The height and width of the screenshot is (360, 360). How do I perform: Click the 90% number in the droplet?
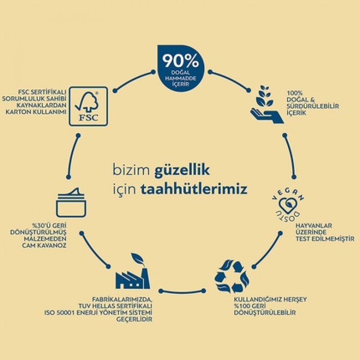(x=181, y=61)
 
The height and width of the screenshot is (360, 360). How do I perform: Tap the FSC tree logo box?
(x=88, y=106)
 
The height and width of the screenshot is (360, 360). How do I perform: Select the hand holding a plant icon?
(x=267, y=104)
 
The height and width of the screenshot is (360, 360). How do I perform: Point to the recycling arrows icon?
(x=232, y=276)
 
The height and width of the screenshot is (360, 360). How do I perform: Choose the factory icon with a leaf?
(x=133, y=271)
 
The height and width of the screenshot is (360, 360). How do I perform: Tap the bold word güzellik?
(x=182, y=171)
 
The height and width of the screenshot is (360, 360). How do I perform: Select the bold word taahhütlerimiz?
(x=194, y=189)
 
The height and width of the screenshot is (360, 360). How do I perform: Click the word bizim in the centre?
(x=131, y=171)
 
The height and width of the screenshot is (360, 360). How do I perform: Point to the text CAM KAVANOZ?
(x=44, y=245)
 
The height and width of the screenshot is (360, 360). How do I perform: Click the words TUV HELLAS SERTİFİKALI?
(x=115, y=306)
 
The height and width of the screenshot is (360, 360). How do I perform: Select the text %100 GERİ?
(x=250, y=306)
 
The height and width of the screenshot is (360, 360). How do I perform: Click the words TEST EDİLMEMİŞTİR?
(x=325, y=239)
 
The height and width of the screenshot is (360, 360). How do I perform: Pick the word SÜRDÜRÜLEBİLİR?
(x=313, y=106)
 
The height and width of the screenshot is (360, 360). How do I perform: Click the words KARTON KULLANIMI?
(x=36, y=112)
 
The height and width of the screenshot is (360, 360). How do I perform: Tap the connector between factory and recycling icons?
(x=182, y=292)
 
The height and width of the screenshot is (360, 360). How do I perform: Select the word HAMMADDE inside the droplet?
(x=181, y=78)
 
